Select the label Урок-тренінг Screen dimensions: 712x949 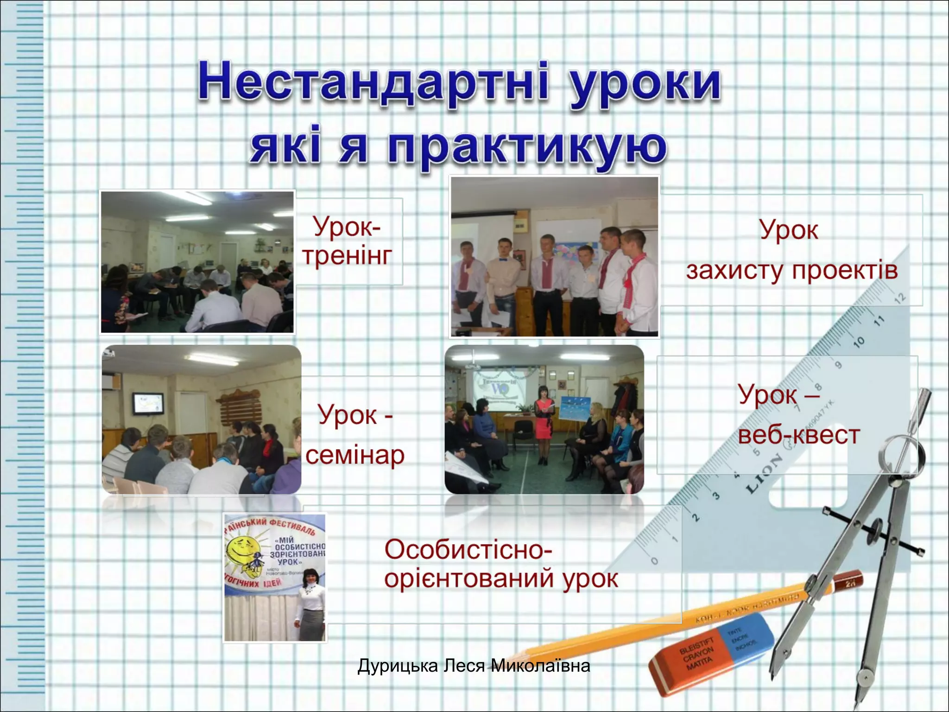348,241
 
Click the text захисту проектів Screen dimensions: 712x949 791,270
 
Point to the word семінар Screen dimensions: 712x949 355,455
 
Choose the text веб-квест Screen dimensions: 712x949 799,435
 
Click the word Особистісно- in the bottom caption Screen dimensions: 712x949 468,550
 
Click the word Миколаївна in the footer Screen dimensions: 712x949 540,666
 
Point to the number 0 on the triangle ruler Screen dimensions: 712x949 654,561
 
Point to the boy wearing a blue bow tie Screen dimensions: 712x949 503,278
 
